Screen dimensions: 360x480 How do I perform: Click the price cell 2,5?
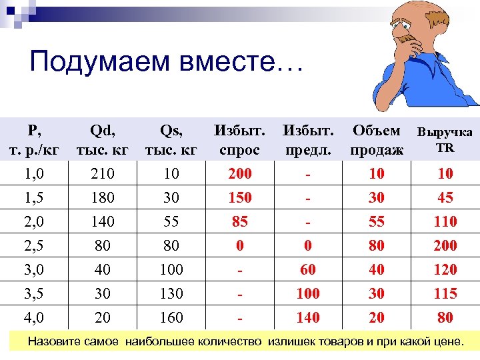pos(33,245)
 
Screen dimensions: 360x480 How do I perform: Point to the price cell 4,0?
pos(33,317)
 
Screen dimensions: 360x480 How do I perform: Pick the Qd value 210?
pos(103,173)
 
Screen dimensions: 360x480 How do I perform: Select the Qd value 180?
pos(103,197)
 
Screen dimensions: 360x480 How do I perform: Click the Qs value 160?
pos(171,317)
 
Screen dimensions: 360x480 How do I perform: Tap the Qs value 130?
pos(171,293)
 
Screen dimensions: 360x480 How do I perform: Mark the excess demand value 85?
pos(240,221)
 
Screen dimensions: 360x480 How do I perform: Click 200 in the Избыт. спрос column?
pos(240,173)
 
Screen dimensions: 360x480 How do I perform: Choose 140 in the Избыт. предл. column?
pos(307,317)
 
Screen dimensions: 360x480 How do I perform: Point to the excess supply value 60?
pos(307,269)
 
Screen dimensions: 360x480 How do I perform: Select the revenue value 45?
pos(445,197)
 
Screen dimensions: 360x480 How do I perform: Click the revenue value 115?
pos(445,293)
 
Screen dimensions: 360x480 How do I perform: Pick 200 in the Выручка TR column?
pos(445,245)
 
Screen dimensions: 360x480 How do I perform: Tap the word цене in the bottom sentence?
pos(446,342)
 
